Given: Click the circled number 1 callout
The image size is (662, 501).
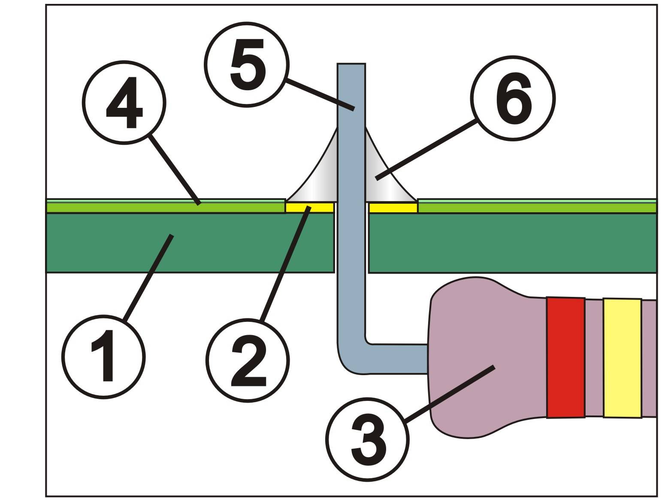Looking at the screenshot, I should pos(103,357).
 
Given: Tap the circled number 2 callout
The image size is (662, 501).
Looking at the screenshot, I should pos(248,360).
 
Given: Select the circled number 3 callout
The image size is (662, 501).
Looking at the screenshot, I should pos(367,439).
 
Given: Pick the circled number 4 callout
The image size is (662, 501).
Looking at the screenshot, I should pos(124,103).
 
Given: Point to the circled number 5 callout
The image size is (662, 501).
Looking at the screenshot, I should pos(246,64).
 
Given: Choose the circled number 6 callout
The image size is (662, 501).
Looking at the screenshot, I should pos(513,98).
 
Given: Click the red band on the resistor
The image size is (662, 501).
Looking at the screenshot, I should pos(565,357).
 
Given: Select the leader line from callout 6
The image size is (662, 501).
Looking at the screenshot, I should pos(426,150).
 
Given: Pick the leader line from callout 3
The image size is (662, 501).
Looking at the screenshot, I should pos(449,394).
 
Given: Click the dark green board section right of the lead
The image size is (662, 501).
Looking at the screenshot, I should pos(512,243).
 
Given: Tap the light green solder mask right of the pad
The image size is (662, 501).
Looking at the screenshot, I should pos(536,207).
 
